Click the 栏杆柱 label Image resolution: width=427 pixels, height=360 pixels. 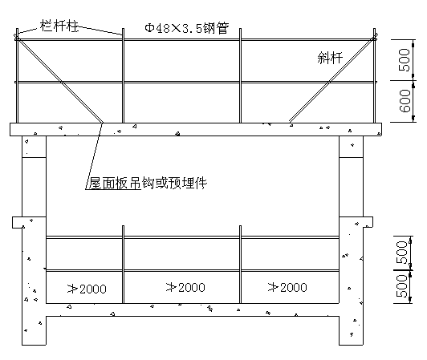coord(59,26)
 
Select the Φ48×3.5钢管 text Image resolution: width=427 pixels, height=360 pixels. coord(187,28)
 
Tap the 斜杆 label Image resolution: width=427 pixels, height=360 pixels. coord(330,58)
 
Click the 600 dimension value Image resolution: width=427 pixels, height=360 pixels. coord(405,101)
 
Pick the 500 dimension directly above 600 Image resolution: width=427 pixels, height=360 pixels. coord(405,60)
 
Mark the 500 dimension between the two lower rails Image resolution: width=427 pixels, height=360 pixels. coord(402,253)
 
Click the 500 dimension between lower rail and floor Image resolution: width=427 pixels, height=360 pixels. coord(401,285)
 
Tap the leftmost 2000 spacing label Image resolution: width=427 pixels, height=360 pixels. coord(87,289)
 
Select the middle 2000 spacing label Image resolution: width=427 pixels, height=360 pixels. coord(185,287)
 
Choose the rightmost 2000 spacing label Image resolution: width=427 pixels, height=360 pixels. coord(287,287)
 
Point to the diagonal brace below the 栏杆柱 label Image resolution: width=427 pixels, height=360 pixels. coord(59,79)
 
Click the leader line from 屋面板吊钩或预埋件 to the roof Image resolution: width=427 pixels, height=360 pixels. coord(95,156)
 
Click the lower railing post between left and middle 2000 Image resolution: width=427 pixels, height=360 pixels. coord(123,265)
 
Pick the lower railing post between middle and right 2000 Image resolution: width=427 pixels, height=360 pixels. coord(240,265)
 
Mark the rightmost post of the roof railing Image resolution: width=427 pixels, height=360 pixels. coord(375,75)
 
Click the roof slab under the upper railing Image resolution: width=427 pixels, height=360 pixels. coord(196,129)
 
